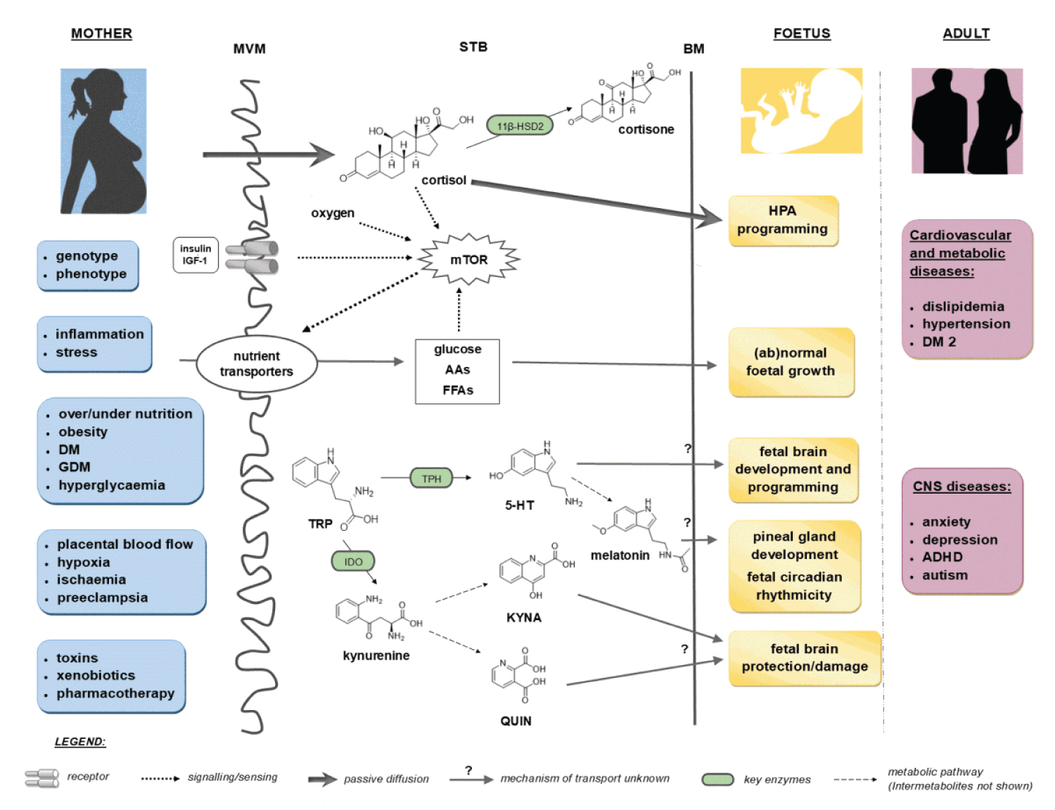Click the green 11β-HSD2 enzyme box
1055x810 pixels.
point(520,126)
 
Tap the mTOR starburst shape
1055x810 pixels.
point(468,259)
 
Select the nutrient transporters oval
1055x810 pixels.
point(256,364)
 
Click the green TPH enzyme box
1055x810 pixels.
point(431,479)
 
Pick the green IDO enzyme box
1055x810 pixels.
point(353,561)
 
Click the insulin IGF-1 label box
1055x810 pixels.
point(195,255)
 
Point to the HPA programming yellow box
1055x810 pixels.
point(782,220)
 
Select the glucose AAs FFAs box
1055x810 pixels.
point(457,371)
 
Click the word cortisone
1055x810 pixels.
point(646,129)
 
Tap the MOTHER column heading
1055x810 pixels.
point(101,33)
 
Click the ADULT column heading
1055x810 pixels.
point(966,33)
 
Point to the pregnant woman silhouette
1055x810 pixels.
point(104,141)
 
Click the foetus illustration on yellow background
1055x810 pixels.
point(801,110)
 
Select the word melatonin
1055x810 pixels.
point(620,555)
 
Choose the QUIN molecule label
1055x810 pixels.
point(516,721)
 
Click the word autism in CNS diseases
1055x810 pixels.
point(945,575)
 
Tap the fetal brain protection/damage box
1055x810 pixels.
point(804,657)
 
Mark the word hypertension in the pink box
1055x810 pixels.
point(966,324)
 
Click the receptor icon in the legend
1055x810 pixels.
point(42,778)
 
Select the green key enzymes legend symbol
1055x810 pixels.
point(717,779)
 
